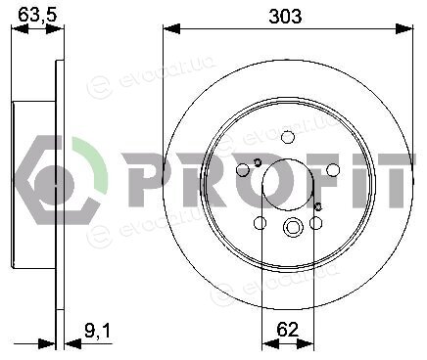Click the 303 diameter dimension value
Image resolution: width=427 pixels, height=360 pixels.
pos(285,17)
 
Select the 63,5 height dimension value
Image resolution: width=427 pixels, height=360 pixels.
pos(37,15)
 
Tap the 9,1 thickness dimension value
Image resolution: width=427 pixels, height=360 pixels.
pos(98,331)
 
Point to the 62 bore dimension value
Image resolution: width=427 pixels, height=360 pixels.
pos(287,330)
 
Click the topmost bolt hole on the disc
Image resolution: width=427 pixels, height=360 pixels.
pos(288,137)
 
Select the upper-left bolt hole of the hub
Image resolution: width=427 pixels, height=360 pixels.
pos(243,170)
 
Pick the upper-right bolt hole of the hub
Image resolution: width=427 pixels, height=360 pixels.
pos(333,170)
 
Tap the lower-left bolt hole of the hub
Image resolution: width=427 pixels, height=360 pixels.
pos(260,223)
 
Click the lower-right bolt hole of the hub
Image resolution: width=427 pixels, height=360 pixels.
pos(315,223)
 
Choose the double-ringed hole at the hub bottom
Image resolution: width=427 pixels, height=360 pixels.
pos(292,226)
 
